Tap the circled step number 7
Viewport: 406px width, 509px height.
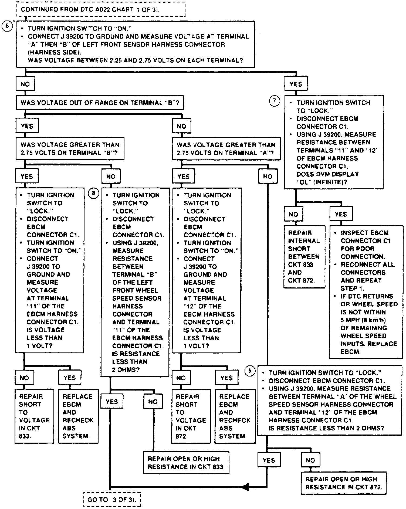click(275, 101)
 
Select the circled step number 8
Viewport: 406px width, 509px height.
click(94, 193)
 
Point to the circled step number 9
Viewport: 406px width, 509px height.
click(250, 371)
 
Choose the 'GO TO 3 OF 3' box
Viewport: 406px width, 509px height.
click(112, 500)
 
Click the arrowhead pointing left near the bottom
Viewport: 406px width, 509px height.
click(245, 487)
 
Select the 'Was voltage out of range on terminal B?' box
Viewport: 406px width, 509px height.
click(100, 103)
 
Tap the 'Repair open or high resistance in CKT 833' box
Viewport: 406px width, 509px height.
click(186, 463)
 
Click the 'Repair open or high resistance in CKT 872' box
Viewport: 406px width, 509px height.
click(343, 483)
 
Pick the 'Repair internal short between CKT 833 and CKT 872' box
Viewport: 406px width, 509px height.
click(304, 256)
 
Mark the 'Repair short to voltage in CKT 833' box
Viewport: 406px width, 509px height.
click(34, 416)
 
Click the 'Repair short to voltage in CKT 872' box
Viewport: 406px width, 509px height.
click(191, 416)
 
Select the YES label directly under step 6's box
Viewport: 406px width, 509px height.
click(296, 84)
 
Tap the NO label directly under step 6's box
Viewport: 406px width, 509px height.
click(25, 84)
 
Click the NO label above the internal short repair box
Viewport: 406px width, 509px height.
click(293, 214)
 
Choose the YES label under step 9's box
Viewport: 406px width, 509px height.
click(269, 460)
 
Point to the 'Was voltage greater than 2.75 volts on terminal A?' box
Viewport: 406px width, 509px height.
click(226, 149)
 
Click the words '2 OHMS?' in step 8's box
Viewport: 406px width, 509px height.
click(126, 369)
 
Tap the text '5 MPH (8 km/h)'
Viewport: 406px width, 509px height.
click(363, 320)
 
